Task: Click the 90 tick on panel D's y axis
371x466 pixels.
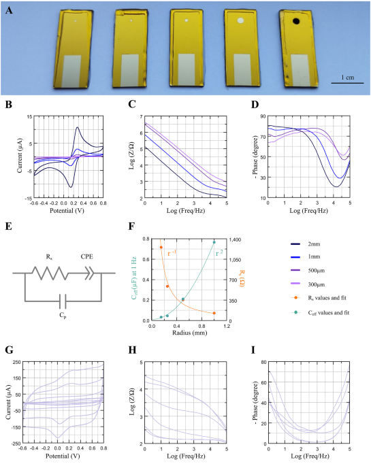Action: coord(261,116)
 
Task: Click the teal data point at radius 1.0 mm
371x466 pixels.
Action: coord(214,242)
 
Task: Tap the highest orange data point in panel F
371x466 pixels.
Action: coord(161,248)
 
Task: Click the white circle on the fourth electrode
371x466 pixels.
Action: coord(240,22)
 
